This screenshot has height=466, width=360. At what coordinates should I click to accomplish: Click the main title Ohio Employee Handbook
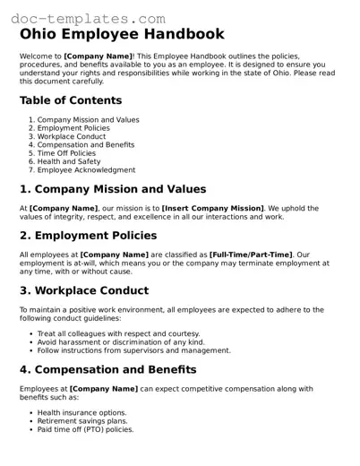[121, 35]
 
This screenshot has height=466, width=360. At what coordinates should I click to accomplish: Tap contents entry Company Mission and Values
[88, 120]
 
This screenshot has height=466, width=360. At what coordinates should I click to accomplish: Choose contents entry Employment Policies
[73, 128]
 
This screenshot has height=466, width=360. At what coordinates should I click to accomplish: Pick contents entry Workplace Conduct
[73, 136]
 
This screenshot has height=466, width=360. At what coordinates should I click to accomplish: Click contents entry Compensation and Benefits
[86, 144]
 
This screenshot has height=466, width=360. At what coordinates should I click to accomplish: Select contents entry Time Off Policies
[71, 153]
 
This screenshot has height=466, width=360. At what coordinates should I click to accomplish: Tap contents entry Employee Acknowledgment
[86, 169]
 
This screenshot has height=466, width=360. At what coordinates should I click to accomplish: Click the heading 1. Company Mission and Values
[113, 189]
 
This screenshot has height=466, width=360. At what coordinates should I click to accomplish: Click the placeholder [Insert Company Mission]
[212, 208]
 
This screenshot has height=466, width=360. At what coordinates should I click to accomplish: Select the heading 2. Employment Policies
[88, 236]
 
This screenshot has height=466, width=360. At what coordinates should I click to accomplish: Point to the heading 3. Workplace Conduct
[84, 291]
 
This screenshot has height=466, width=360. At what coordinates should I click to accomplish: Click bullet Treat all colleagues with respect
[118, 333]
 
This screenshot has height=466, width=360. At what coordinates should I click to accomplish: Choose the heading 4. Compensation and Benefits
[107, 369]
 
